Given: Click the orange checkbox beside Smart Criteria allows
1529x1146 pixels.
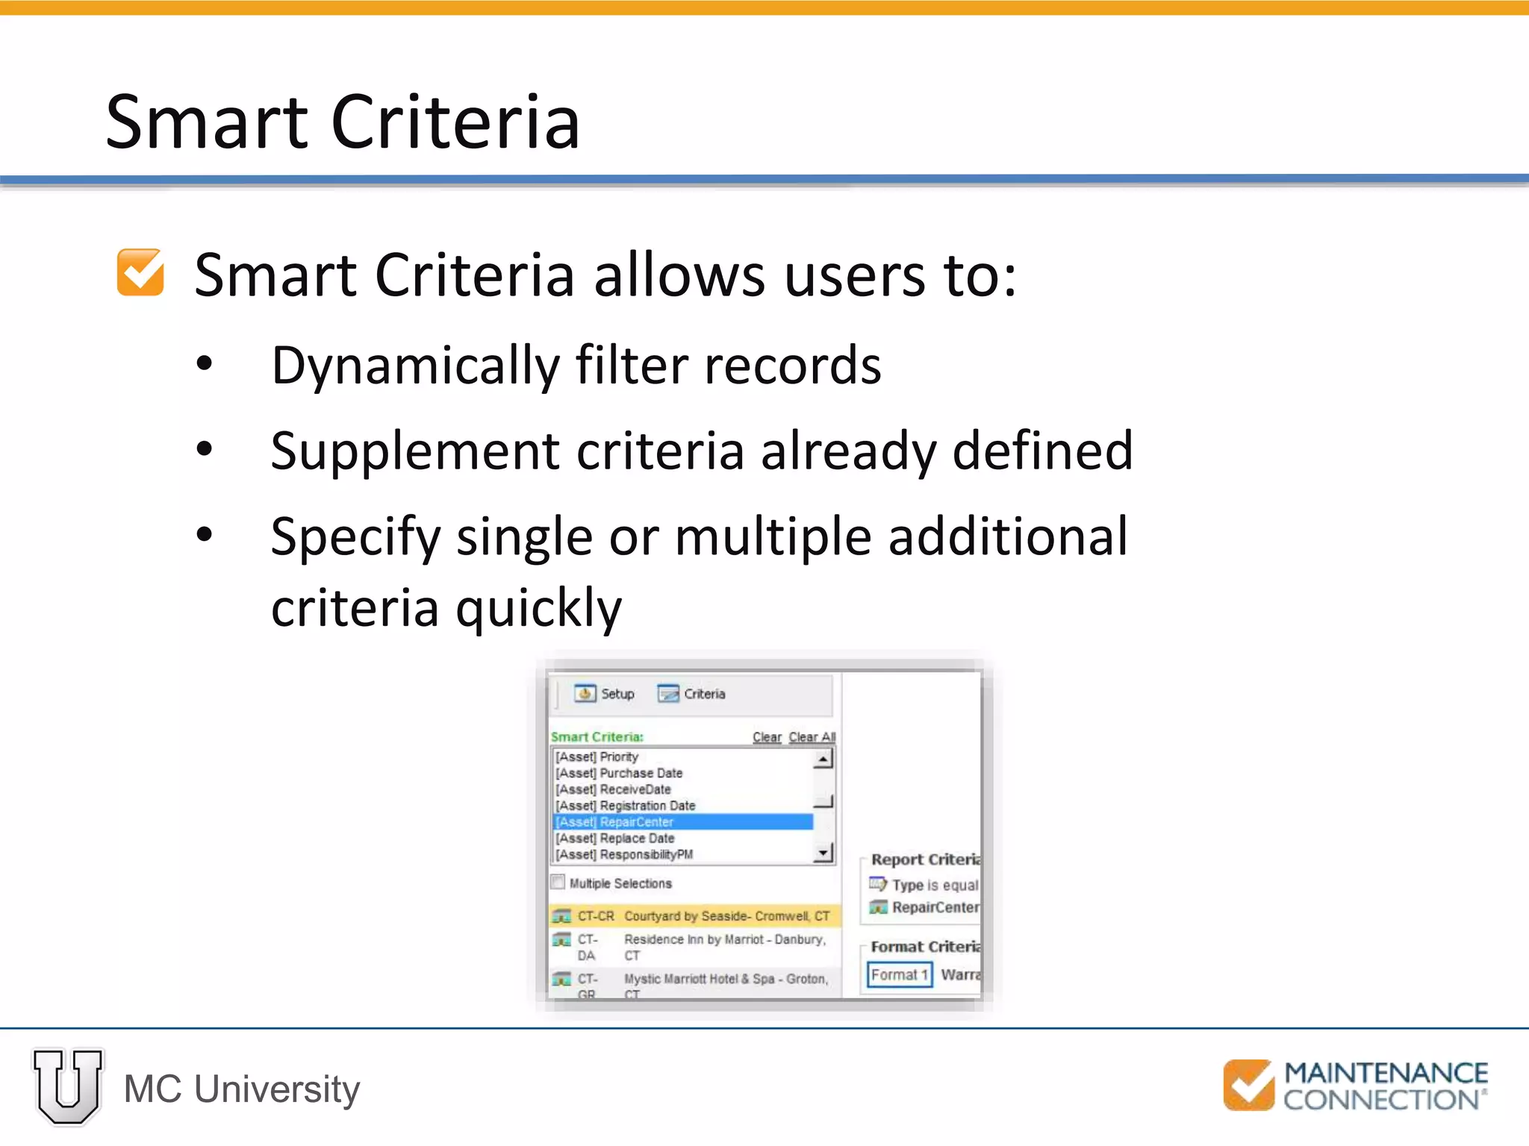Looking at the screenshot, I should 140,273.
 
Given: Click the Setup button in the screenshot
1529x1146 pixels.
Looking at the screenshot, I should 605,694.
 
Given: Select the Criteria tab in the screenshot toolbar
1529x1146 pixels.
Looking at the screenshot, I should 692,694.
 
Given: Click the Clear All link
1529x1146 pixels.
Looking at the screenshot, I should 812,737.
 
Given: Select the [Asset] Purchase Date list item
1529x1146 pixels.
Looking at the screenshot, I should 619,773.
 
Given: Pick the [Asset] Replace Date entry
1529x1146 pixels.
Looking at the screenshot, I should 615,838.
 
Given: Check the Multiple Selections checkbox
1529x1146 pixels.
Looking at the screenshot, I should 558,883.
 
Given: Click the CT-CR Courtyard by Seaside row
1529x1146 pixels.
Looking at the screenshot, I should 694,915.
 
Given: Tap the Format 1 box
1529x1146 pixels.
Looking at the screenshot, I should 899,974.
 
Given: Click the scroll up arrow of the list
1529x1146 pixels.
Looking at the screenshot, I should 823,759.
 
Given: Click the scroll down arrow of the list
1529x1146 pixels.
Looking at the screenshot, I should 823,853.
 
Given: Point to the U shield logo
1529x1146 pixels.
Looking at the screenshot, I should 68,1087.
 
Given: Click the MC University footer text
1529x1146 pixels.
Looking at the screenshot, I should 241,1089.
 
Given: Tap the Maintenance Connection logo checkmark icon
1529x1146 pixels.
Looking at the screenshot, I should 1248,1086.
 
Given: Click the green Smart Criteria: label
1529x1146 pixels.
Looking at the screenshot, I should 597,737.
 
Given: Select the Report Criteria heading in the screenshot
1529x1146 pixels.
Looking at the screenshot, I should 925,859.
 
